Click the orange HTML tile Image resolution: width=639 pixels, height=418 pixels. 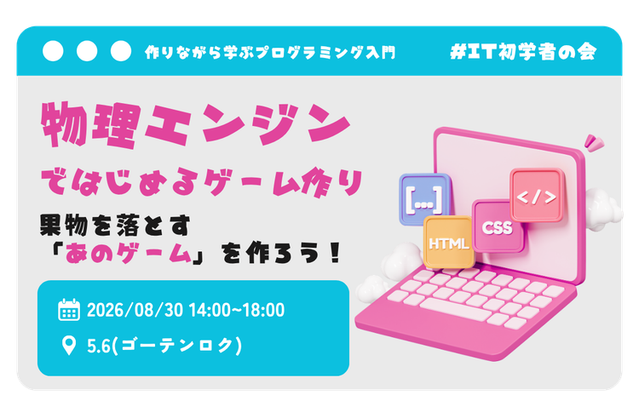click(x=448, y=242)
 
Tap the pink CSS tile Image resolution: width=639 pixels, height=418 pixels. click(x=498, y=226)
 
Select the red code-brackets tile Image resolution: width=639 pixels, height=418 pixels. click(x=537, y=195)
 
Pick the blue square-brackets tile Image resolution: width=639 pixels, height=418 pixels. click(x=424, y=199)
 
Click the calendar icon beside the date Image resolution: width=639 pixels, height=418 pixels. click(x=69, y=310)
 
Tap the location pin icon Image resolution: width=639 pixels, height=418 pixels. click(x=69, y=346)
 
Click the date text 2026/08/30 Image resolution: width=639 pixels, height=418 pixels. click(x=135, y=310)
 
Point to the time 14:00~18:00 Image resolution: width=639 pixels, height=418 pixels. click(x=237, y=310)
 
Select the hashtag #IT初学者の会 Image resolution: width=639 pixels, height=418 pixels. click(x=523, y=52)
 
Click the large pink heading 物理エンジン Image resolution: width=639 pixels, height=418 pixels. click(x=195, y=124)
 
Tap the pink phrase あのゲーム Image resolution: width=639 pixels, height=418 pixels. click(x=128, y=254)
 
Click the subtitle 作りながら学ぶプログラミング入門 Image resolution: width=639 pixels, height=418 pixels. click(x=270, y=53)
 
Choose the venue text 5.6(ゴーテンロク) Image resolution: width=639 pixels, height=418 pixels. click(x=164, y=346)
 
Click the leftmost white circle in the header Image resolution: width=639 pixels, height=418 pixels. click(x=53, y=51)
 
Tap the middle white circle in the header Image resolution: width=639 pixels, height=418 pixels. click(x=87, y=51)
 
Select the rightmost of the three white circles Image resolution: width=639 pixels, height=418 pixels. click(x=121, y=51)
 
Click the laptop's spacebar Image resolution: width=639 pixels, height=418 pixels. click(x=456, y=310)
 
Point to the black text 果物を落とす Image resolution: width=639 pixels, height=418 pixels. click(x=115, y=225)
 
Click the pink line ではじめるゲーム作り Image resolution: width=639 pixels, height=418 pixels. click(x=202, y=183)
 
